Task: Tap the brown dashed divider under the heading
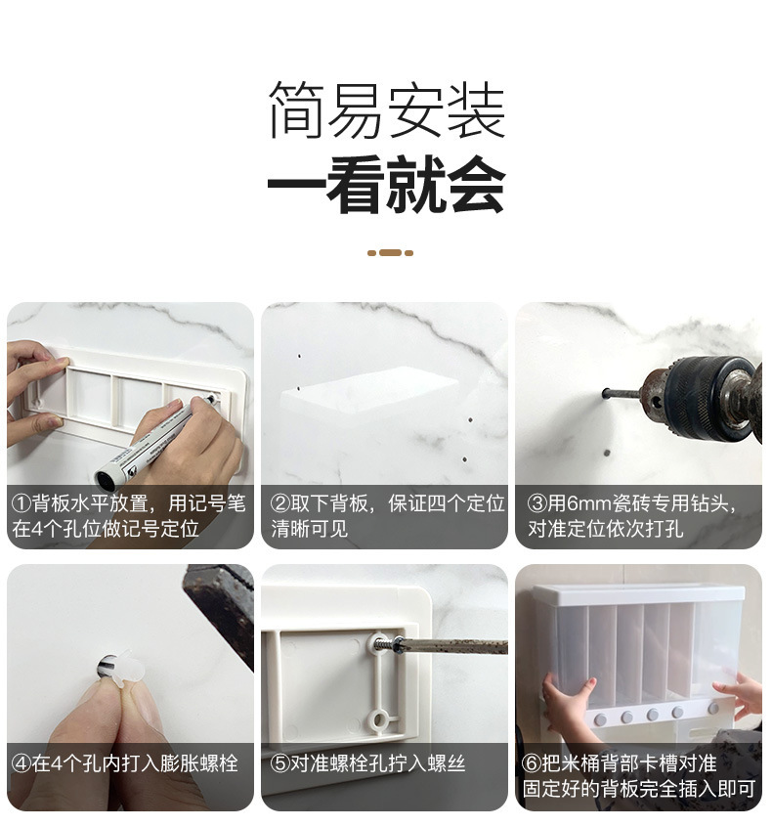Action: click(x=390, y=253)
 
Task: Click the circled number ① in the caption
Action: click(x=21, y=504)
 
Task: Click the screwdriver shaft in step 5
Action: click(x=450, y=646)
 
